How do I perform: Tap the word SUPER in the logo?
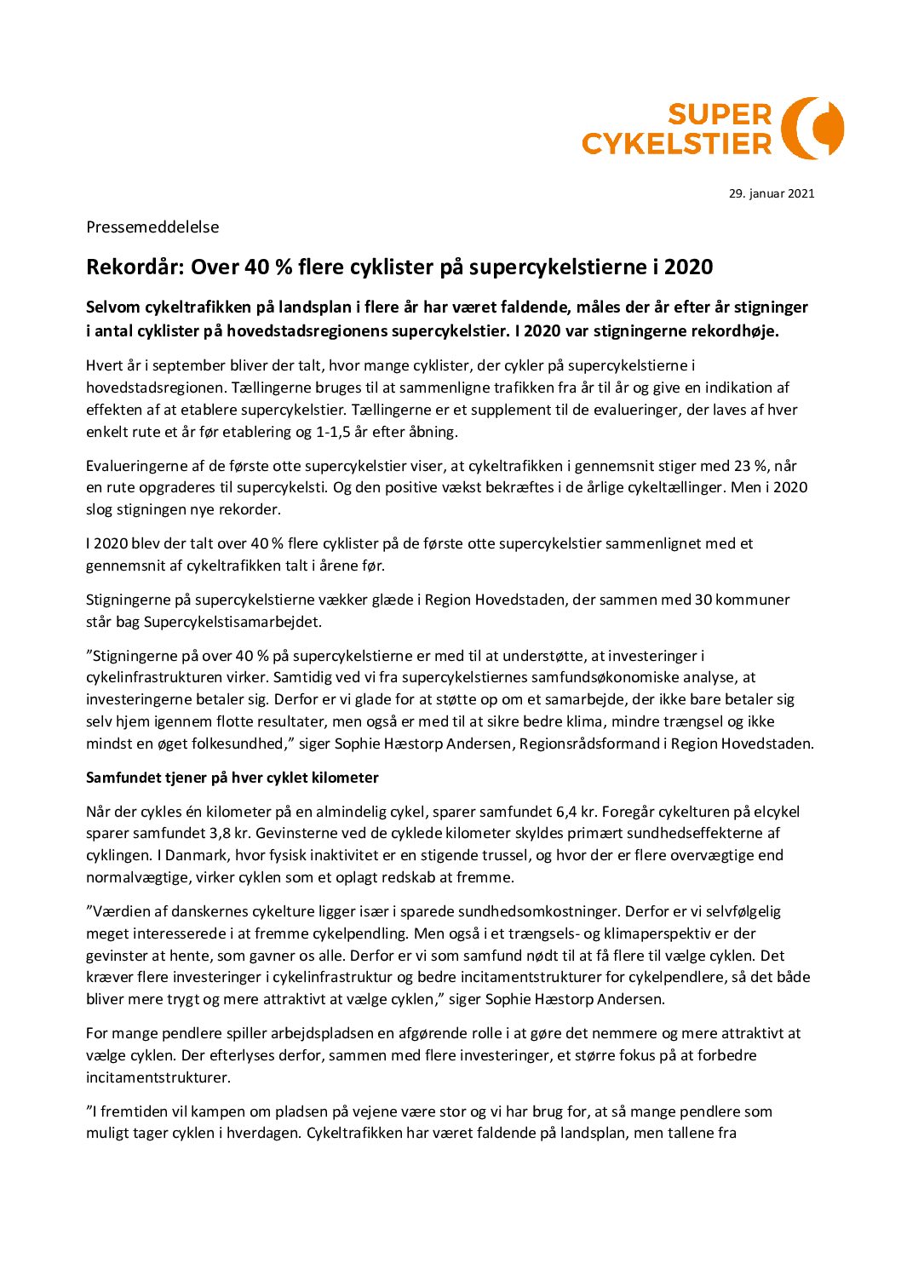pos(719,114)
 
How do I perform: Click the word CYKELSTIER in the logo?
pos(676,143)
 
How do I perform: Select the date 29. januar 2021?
pos(771,193)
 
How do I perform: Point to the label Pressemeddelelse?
pos(152,227)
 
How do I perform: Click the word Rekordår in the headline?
pos(135,267)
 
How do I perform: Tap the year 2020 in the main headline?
pos(688,267)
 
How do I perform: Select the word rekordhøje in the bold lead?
pos(734,330)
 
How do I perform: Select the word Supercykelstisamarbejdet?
pos(232,622)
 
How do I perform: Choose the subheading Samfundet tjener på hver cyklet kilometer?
pos(232,778)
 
